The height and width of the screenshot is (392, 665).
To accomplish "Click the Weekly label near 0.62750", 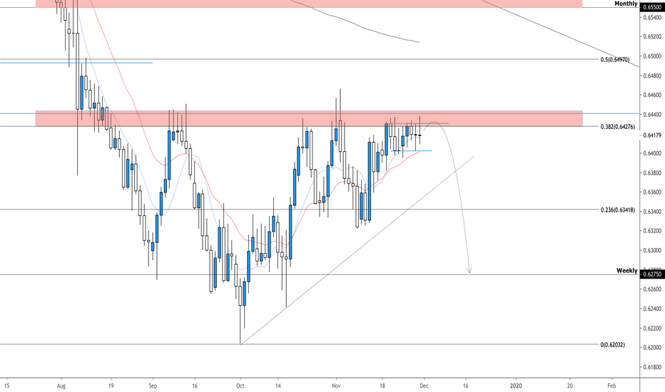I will [627, 272].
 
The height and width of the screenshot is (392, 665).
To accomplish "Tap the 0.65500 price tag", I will [652, 7].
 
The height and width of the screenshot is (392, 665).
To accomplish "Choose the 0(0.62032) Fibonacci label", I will [618, 344].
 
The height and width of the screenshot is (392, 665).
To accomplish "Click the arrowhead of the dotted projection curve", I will [469, 271].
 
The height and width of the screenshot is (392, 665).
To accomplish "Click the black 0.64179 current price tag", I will [652, 135].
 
